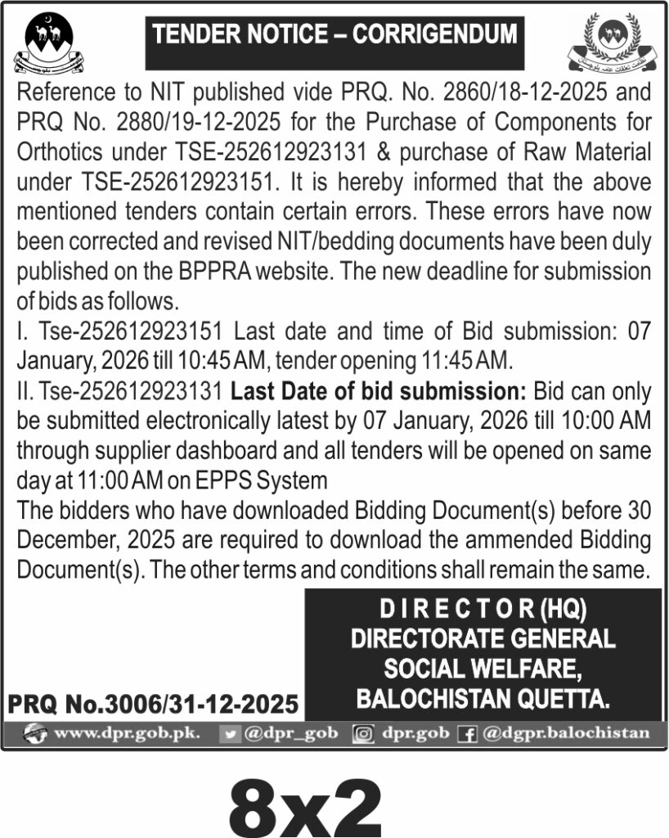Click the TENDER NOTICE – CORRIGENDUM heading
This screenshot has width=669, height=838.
(334, 35)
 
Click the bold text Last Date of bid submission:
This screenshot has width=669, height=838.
(381, 391)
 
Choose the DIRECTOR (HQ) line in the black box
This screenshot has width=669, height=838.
(483, 610)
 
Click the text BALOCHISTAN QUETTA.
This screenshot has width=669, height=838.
(483, 698)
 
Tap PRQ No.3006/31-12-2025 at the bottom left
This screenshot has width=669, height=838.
(153, 704)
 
